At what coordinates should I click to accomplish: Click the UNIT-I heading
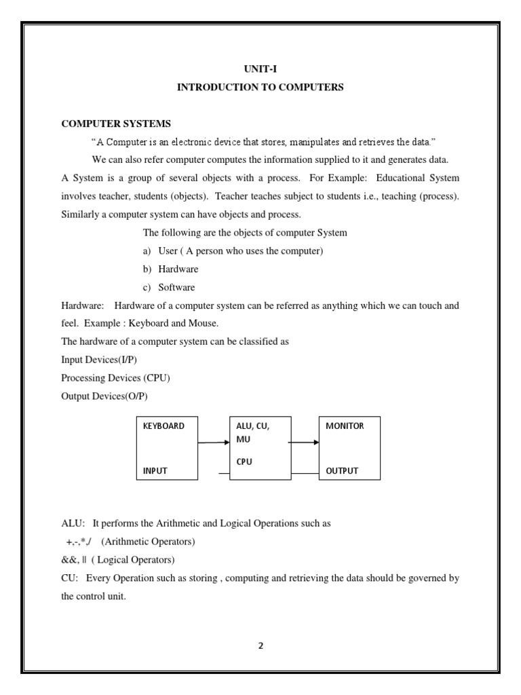(260, 69)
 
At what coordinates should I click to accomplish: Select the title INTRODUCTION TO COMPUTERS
(260, 87)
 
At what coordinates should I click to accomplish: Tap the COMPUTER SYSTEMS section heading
(116, 124)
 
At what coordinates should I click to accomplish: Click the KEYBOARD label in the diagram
(163, 426)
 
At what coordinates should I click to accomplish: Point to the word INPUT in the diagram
(155, 470)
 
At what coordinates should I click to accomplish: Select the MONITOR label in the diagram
(345, 426)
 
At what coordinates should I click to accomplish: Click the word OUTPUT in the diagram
(342, 470)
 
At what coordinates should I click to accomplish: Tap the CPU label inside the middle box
(244, 462)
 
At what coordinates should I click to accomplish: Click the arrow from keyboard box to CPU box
(214, 443)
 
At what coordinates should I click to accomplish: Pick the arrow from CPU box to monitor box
(303, 443)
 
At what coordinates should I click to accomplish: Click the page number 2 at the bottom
(260, 645)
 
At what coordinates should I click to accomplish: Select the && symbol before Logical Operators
(69, 561)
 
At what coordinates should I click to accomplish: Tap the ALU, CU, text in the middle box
(253, 426)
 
